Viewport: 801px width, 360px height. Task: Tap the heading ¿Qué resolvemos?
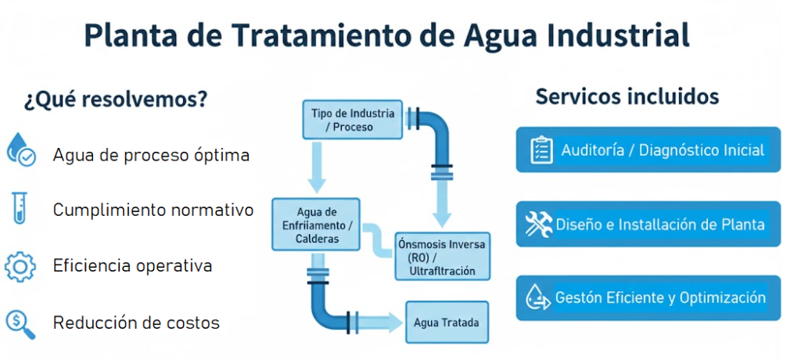[x=115, y=100]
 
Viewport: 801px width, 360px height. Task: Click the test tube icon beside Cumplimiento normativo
[x=20, y=210]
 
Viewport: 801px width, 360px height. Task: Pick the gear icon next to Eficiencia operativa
[x=20, y=266]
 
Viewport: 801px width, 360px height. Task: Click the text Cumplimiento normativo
[x=153, y=210]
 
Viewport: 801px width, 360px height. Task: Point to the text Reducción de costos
[x=136, y=322]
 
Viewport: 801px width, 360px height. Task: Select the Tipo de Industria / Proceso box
[x=352, y=120]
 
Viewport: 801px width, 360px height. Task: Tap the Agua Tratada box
[x=446, y=322]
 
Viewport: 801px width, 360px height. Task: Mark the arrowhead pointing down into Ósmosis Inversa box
[x=442, y=218]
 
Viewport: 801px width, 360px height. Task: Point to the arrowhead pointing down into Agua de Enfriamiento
[x=316, y=185]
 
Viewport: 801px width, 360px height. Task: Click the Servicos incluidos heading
[x=627, y=97]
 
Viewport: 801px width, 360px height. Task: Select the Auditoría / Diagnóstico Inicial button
[x=648, y=149]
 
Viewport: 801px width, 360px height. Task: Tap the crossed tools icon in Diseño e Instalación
[x=539, y=225]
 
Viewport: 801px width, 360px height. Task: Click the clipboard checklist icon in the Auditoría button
[x=541, y=149]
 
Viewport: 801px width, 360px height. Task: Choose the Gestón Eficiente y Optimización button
[x=648, y=298]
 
